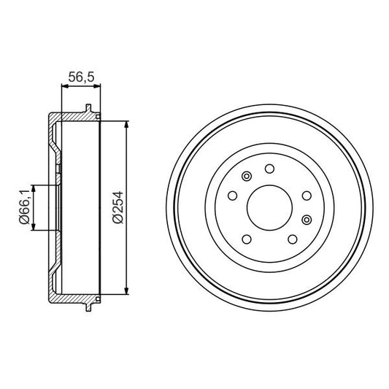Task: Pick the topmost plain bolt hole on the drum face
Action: (269, 169)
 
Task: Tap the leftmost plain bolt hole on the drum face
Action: (231, 196)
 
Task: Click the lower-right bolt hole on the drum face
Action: (293, 239)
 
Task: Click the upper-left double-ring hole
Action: (246, 176)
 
